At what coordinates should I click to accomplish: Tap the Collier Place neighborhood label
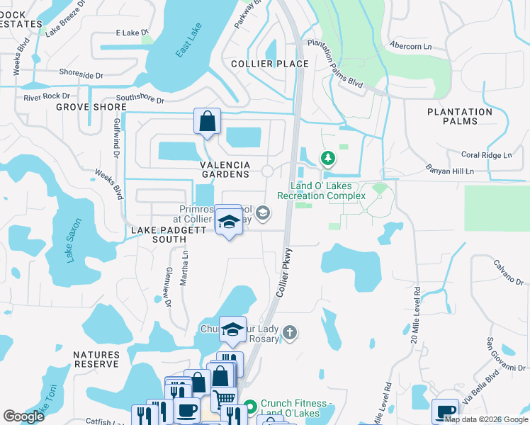click(x=270, y=64)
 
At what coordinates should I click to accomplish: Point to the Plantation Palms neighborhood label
click(x=460, y=117)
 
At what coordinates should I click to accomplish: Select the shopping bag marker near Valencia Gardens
click(x=207, y=122)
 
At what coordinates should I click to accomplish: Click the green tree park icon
click(x=327, y=157)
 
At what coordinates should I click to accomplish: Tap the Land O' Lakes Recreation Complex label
click(x=321, y=191)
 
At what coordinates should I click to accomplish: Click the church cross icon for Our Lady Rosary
click(x=289, y=332)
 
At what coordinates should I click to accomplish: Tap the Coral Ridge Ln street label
click(x=486, y=155)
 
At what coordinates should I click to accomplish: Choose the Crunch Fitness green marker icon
click(x=249, y=408)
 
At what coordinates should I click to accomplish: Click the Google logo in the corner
click(x=24, y=416)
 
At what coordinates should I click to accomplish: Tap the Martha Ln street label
click(x=184, y=269)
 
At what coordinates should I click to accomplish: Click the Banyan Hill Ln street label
click(x=450, y=170)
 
